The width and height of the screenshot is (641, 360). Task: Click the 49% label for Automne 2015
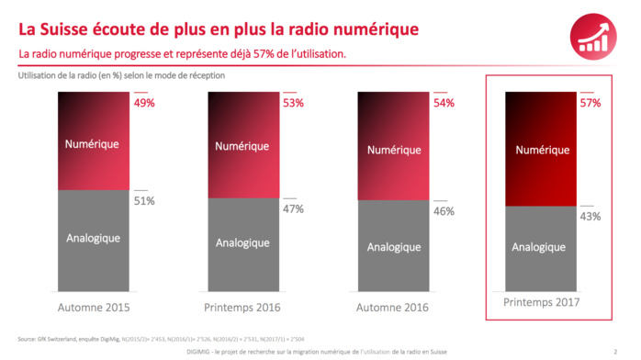tap(145, 103)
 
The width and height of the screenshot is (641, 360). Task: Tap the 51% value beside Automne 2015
tap(145, 200)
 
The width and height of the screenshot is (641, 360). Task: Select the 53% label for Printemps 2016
tap(294, 103)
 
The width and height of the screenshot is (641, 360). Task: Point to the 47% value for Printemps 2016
tap(294, 208)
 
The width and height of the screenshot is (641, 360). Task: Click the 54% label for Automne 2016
tap(443, 103)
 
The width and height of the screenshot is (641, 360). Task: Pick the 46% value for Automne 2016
tap(443, 211)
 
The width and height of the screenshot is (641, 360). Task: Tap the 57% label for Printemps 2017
tap(590, 103)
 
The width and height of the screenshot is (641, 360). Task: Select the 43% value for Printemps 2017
tap(590, 217)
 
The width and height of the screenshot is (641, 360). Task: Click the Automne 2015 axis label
tap(94, 306)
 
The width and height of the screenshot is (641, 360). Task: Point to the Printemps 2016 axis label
tap(242, 306)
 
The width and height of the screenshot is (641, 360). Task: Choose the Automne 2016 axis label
tap(392, 306)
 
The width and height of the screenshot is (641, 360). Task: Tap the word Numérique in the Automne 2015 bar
tap(94, 143)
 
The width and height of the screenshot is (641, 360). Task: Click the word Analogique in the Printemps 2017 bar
tap(539, 247)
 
